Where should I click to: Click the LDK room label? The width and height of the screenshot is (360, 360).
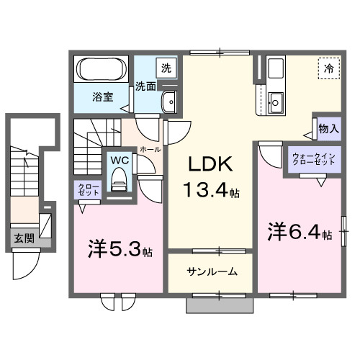(x=210, y=165)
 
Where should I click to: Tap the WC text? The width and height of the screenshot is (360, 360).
(x=118, y=161)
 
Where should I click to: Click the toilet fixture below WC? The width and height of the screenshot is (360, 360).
(x=119, y=180)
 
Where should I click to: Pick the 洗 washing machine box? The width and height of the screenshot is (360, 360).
(x=166, y=68)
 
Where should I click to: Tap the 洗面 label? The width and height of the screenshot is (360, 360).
(x=146, y=86)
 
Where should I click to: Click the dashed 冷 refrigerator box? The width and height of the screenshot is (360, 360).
(x=328, y=70)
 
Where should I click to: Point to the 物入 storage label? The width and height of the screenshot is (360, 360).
(x=328, y=128)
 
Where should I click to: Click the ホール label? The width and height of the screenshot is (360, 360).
(x=150, y=149)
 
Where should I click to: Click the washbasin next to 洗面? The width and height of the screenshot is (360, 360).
(x=171, y=102)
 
